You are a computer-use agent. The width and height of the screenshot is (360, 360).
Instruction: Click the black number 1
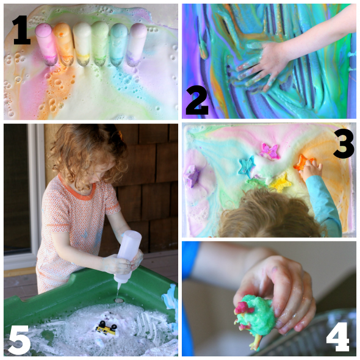pyautogui.click(x=22, y=30)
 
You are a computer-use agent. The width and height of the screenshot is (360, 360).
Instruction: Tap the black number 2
pyautogui.click(x=197, y=101)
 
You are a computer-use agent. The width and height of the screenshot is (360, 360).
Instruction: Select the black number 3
pyautogui.click(x=344, y=144)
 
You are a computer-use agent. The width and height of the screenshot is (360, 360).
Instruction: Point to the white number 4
pyautogui.click(x=338, y=337)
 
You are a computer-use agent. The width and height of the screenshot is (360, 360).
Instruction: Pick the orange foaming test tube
pyautogui.click(x=63, y=44)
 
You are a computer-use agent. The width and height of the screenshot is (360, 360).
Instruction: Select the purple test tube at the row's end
pyautogui.click(x=137, y=45)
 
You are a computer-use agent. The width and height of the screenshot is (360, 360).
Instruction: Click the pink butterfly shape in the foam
pyautogui.click(x=270, y=151)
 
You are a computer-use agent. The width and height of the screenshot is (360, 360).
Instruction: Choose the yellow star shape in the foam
pyautogui.click(x=280, y=182)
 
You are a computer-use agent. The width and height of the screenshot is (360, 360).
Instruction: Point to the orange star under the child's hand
pyautogui.click(x=303, y=162)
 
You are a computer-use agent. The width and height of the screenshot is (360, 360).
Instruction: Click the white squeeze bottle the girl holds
pyautogui.click(x=128, y=255)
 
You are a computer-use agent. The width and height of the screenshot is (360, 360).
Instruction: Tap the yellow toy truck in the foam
pyautogui.click(x=106, y=327)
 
